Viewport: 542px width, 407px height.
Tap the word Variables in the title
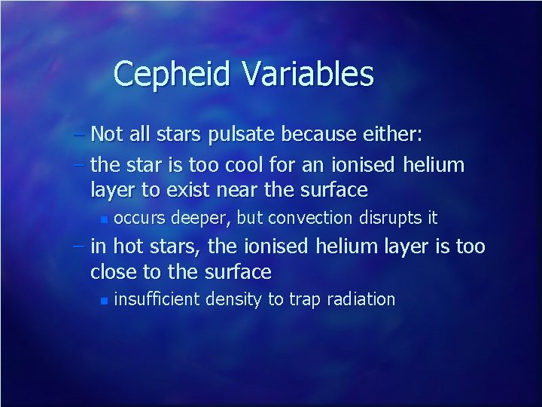coord(307,75)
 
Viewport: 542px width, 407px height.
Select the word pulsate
coord(245,135)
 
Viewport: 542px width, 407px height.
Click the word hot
coord(123,246)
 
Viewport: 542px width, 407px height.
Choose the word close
coord(112,271)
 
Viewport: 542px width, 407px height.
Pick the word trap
coord(303,300)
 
